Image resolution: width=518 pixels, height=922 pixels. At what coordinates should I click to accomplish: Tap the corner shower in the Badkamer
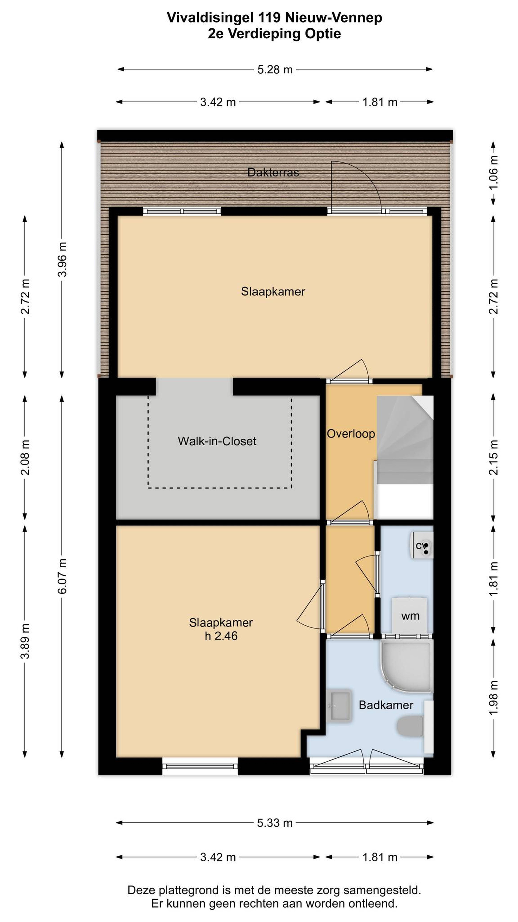click(406, 666)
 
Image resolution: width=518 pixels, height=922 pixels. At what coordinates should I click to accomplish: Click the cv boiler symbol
click(421, 546)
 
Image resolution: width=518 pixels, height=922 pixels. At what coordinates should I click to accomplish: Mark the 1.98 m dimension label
click(493, 698)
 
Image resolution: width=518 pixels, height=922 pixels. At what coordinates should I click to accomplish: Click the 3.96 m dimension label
click(62, 259)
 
